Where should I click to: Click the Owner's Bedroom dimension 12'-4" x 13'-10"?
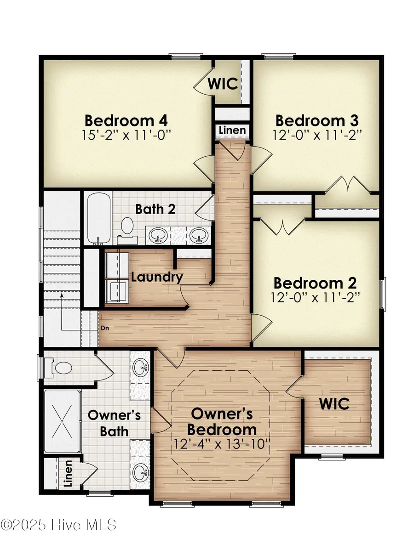(x=224, y=444)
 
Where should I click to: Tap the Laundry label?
(x=157, y=277)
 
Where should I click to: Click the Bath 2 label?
(x=155, y=209)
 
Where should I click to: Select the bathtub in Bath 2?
(x=98, y=219)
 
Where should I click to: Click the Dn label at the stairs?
(x=105, y=329)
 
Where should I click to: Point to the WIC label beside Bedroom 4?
(x=223, y=84)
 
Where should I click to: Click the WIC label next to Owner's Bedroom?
(x=334, y=404)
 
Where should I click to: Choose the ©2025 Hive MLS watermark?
(x=58, y=524)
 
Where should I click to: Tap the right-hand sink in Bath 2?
(x=199, y=235)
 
